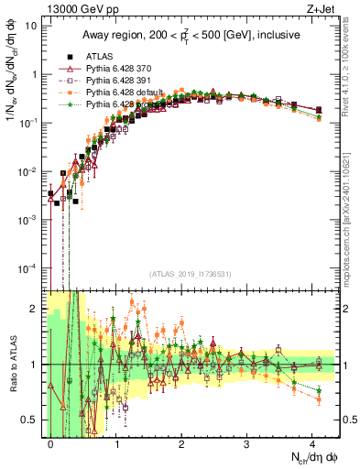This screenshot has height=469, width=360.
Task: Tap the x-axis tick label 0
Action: [x=51, y=442]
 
